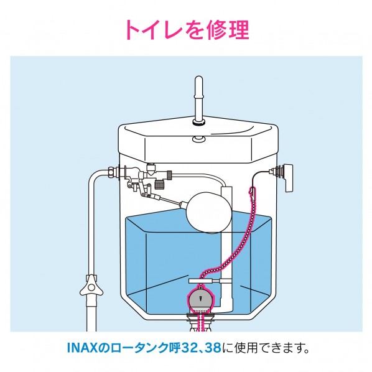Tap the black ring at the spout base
coord(200,124)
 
